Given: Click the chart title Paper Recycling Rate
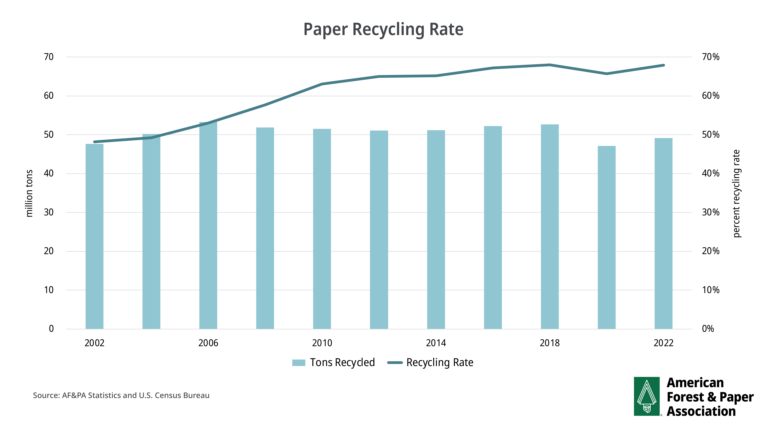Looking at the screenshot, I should point(383,29).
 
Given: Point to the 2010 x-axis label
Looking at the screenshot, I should point(322,343).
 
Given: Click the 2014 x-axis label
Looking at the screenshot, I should point(436,343).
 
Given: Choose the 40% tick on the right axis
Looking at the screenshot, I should point(710,173).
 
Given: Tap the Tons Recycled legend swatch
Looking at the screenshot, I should point(299,363).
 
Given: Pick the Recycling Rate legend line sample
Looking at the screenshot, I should point(395,363).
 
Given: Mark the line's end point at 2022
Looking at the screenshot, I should point(663,65).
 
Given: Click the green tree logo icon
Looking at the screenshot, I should point(647,396).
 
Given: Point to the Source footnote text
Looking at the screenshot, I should point(121,395).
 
